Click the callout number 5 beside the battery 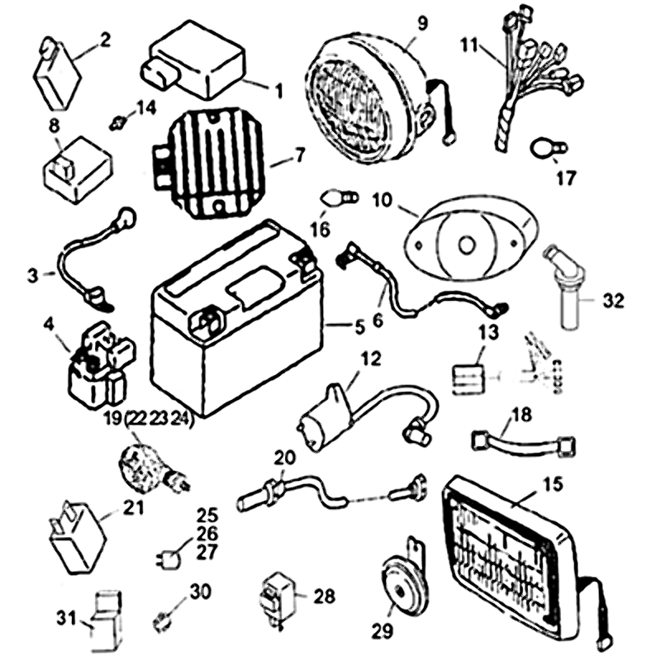tap(359, 326)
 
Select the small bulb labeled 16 tap(340, 198)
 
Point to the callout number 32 tap(612, 300)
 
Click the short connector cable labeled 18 tap(521, 444)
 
